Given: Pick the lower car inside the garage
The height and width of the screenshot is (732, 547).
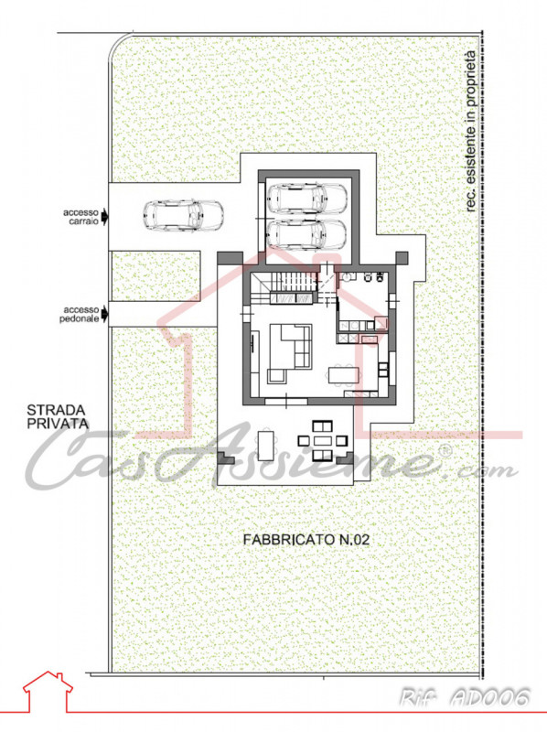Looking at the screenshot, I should pos(306,233).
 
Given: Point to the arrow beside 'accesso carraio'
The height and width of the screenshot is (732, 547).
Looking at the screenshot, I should pos(107,217).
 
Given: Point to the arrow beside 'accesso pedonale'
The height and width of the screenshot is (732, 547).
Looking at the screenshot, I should pos(107,314).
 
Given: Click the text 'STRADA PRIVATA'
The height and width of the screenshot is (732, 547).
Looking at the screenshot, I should pos(57,416).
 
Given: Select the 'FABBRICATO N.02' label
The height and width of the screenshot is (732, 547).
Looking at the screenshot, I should pos(306,541).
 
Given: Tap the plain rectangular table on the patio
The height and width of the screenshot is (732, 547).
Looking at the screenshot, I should pos(265,445).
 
